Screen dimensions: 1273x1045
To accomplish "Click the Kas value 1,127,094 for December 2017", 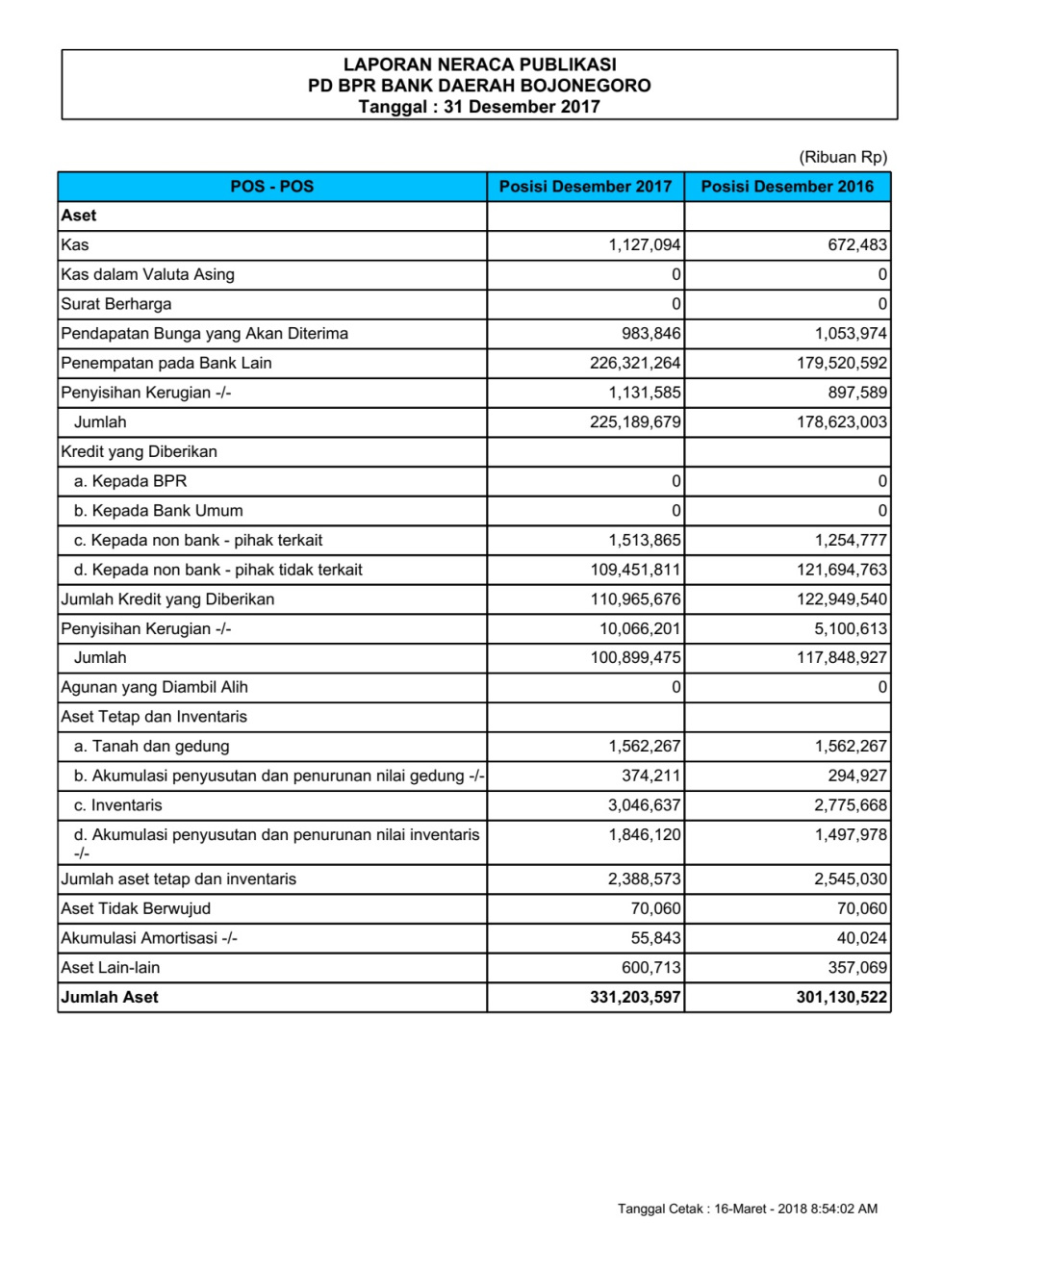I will pos(644,245).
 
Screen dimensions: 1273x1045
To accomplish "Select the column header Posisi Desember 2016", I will pos(787,187).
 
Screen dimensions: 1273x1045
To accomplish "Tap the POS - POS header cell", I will pos(272,187).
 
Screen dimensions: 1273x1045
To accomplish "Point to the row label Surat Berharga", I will pos(116,304).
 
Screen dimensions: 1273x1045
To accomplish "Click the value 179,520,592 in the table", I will pos(841,363).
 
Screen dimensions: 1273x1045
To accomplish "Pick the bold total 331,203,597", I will pos(635,997).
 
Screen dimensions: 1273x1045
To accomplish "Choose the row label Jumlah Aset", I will pos(110,997).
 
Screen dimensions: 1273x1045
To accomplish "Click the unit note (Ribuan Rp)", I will pos(843,157).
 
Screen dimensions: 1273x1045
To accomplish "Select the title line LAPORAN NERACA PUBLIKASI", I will pos(479,64).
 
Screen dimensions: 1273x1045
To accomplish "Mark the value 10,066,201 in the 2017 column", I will pos(640,628).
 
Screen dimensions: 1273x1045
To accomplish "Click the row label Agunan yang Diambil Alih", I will pos(154,687).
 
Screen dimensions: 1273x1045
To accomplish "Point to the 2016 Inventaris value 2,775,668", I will pos(851,805).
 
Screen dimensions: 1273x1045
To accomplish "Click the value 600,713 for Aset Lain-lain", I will pos(650,967).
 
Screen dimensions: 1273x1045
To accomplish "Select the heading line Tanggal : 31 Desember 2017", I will pos(479,107).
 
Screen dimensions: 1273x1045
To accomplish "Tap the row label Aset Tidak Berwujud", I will pos(136,908).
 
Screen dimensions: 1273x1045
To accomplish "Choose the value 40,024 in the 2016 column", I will pos(861,938).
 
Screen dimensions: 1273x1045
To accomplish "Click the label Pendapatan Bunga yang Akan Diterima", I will pos(204,334).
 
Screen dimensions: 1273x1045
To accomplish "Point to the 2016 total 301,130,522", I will pos(841,997).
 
